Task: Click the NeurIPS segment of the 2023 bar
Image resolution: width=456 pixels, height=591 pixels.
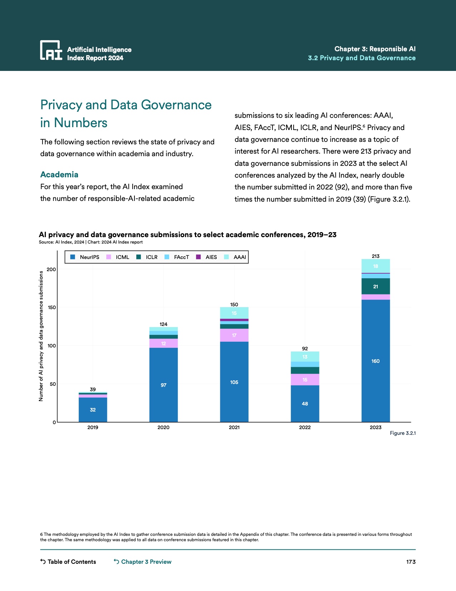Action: tap(376, 361)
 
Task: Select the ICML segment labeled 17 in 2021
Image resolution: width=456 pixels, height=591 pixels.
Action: tap(234, 335)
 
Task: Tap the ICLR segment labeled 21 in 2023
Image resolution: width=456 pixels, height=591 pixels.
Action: tap(376, 286)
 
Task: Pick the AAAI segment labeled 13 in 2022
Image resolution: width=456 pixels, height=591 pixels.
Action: tap(305, 357)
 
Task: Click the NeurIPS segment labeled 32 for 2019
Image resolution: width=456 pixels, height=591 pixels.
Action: tap(93, 410)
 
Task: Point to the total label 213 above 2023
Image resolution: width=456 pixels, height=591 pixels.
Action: tap(376, 256)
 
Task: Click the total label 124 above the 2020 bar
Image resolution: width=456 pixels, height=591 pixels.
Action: tap(163, 324)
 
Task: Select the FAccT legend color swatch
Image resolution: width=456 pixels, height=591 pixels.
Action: tap(167, 257)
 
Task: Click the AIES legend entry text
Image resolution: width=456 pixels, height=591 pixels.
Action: tap(211, 257)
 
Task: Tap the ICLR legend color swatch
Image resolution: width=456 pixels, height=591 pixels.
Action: tap(139, 257)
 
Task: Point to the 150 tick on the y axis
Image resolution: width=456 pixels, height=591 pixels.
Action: tap(52, 307)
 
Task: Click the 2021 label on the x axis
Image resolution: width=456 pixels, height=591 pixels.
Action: tap(234, 427)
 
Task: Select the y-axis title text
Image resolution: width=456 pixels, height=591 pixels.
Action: tap(41, 336)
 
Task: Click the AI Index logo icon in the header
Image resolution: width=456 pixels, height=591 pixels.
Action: tap(51, 50)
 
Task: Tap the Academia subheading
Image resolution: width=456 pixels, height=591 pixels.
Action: tap(59, 174)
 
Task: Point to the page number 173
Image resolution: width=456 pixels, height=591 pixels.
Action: tap(411, 562)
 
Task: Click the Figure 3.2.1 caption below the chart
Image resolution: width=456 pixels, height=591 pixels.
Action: tap(402, 433)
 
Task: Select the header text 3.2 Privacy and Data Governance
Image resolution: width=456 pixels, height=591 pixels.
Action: tap(362, 58)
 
